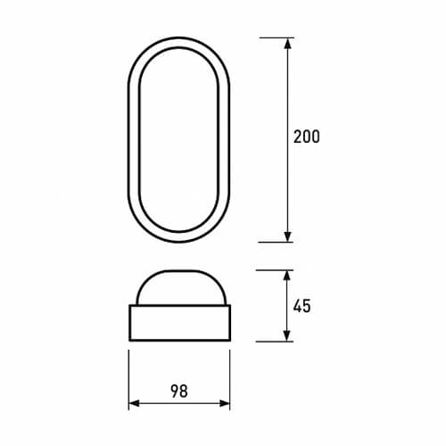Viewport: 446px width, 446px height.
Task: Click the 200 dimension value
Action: click(x=307, y=136)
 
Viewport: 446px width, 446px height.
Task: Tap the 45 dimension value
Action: click(x=302, y=306)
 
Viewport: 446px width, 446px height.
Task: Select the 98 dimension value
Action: click(x=179, y=391)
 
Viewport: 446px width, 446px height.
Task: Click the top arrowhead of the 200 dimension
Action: click(x=287, y=44)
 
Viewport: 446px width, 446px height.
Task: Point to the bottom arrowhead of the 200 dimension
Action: click(x=287, y=236)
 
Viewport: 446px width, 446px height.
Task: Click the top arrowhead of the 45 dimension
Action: click(x=287, y=276)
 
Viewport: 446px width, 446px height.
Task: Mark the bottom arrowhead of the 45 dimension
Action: click(x=287, y=336)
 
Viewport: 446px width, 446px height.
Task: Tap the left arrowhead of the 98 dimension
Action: click(x=134, y=403)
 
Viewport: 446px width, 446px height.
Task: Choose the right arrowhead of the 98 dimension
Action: click(x=225, y=403)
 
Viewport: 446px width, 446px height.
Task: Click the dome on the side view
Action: click(x=181, y=271)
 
